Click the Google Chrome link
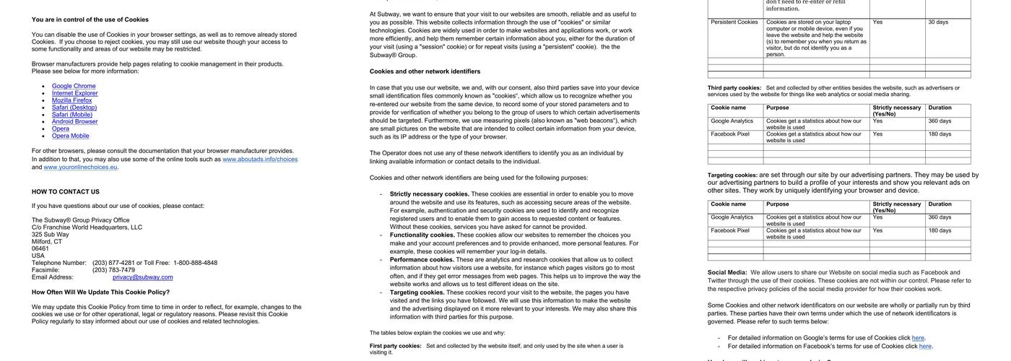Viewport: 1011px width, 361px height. tap(74, 86)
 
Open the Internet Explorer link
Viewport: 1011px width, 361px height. tap(74, 93)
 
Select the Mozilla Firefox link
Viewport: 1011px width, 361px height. tap(71, 100)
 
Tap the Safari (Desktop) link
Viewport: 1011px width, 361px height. tap(74, 108)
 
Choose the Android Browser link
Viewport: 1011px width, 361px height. tap(74, 121)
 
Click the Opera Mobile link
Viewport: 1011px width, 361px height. tap(70, 136)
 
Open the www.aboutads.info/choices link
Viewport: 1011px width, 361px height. tap(260, 160)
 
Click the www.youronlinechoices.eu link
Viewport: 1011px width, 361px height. tap(80, 168)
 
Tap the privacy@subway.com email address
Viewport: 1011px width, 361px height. tap(143, 277)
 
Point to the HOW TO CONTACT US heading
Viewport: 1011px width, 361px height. tap(65, 192)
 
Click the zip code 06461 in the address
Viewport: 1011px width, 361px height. tap(40, 248)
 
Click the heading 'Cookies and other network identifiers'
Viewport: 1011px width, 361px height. tap(425, 71)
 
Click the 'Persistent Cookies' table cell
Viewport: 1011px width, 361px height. tap(734, 22)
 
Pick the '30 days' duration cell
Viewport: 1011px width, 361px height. tap(938, 22)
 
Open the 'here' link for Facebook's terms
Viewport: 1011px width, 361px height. tap(925, 347)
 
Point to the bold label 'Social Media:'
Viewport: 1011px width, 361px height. tap(727, 273)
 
